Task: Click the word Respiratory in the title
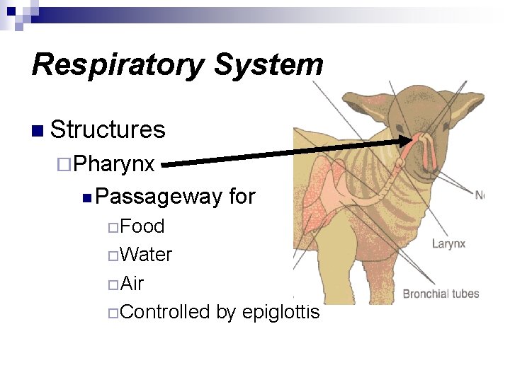[x=118, y=65]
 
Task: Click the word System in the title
[x=268, y=65]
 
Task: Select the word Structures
[x=108, y=129]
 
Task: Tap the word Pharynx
[x=114, y=163]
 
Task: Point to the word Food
[x=142, y=226]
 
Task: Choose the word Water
[x=146, y=255]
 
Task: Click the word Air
[x=132, y=284]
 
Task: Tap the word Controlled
[x=165, y=312]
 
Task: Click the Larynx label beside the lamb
[x=448, y=244]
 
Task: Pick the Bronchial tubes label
[x=441, y=294]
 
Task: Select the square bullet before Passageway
[x=86, y=197]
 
